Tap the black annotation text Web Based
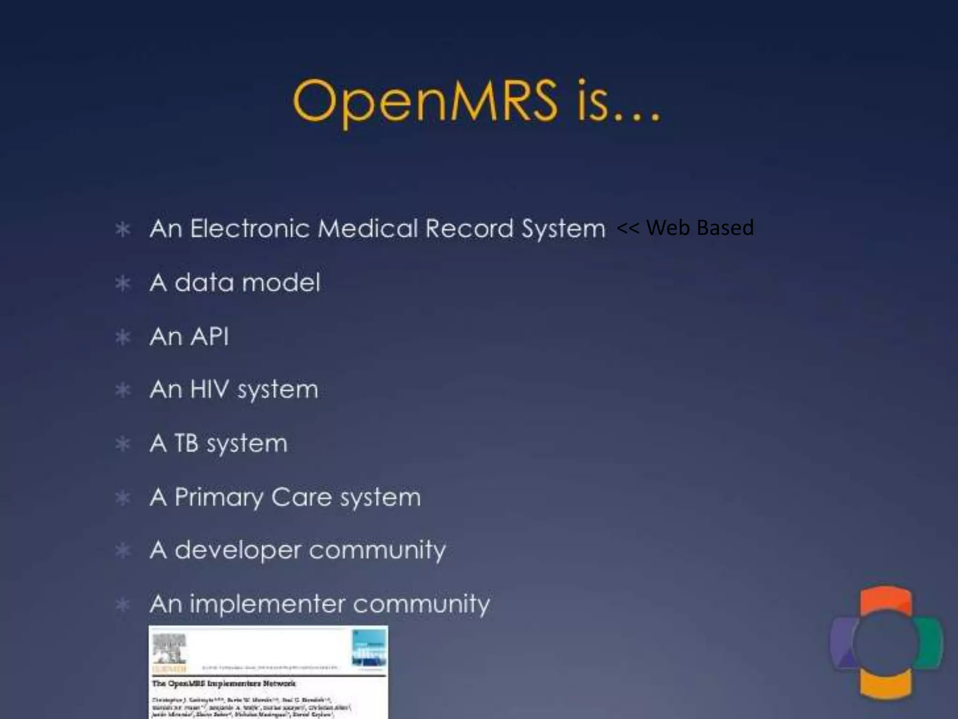point(699,227)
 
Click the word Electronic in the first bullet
point(250,229)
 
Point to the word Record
point(469,229)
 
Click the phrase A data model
point(235,283)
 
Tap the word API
point(209,337)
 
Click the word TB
point(186,443)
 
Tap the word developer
point(238,551)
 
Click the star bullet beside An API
point(123,337)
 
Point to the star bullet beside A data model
point(123,283)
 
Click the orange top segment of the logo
point(885,600)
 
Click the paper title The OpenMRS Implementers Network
point(224,683)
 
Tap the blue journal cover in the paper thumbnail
point(369,648)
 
